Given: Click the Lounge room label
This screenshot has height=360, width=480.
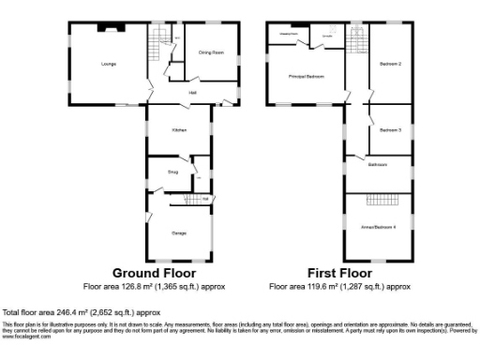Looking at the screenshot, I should [109, 65].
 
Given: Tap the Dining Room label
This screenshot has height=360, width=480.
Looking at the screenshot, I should [211, 52].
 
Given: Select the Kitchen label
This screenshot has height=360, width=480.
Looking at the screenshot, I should [179, 130].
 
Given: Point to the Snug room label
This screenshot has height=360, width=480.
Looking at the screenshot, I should [172, 172].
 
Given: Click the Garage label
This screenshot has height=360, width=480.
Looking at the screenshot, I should [178, 232].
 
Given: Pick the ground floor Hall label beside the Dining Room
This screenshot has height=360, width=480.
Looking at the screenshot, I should [193, 92].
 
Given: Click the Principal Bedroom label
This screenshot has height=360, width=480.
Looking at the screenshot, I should [306, 77].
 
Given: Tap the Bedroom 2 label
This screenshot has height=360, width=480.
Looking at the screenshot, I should [391, 64].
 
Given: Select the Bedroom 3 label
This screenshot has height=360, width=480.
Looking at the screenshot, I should [391, 130].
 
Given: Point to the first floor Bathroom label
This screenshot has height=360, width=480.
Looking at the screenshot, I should [378, 164].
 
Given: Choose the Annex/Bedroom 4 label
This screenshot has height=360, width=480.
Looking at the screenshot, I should [380, 227].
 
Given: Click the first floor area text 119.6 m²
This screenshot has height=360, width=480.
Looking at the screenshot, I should [340, 286].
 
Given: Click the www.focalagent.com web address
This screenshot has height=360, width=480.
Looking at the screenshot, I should [21, 336].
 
